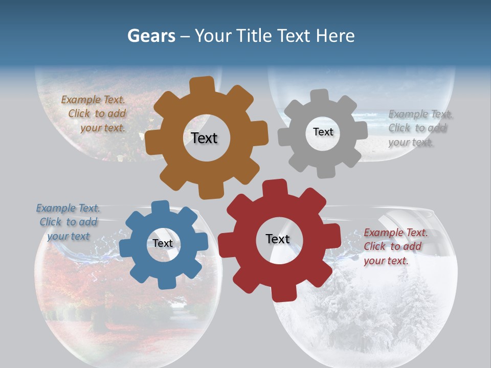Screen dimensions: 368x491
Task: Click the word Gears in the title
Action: (x=151, y=36)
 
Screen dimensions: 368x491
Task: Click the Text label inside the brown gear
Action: (x=204, y=138)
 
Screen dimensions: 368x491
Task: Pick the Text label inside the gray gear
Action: (x=323, y=132)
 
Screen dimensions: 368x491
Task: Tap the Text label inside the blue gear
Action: (x=163, y=243)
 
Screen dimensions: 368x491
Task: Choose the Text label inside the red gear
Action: (x=278, y=239)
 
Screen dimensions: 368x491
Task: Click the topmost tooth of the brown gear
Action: (x=203, y=85)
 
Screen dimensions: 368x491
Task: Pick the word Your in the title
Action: (x=214, y=36)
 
